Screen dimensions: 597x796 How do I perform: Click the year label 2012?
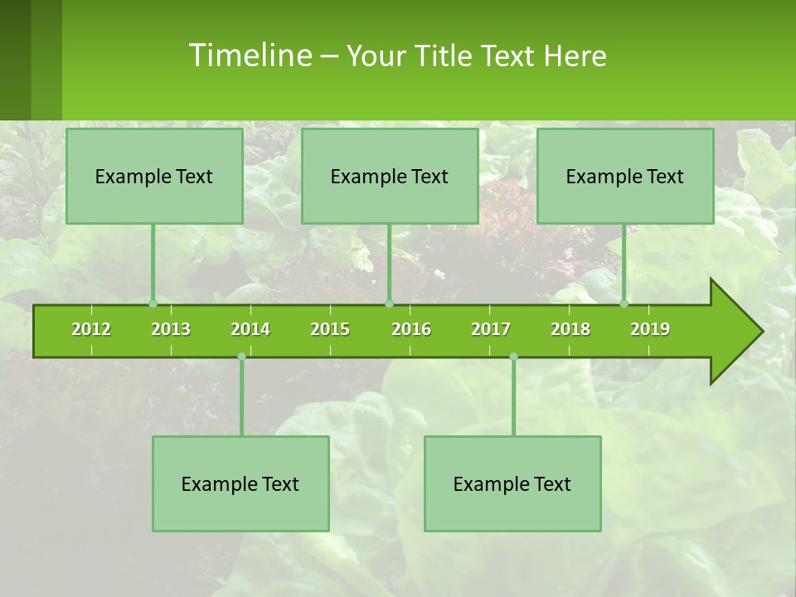pyautogui.click(x=91, y=329)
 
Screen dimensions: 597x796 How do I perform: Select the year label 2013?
pyautogui.click(x=171, y=329)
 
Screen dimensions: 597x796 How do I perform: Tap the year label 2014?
pyautogui.click(x=250, y=329)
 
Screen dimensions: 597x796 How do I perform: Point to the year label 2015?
pyautogui.click(x=330, y=329)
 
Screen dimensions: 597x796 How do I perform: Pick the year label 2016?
pyautogui.click(x=411, y=329)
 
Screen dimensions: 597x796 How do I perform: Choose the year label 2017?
pyautogui.click(x=491, y=329)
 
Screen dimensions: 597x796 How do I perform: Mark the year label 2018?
pyautogui.click(x=570, y=329)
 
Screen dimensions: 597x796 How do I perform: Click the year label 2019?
pyautogui.click(x=650, y=329)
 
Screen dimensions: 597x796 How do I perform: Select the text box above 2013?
pyautogui.click(x=154, y=176)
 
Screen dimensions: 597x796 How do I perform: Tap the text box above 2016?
pyautogui.click(x=390, y=176)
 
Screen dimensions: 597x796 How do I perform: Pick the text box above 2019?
pyautogui.click(x=625, y=176)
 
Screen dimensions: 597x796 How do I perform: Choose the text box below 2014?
pyautogui.click(x=240, y=483)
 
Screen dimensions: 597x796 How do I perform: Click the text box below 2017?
pyautogui.click(x=512, y=483)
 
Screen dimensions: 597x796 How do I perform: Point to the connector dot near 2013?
pyautogui.click(x=153, y=303)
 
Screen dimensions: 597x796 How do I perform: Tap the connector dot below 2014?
pyautogui.click(x=241, y=357)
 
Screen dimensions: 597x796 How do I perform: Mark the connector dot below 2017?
pyautogui.click(x=513, y=357)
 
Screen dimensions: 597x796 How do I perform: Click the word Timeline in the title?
pyautogui.click(x=249, y=56)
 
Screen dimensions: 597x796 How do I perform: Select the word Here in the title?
pyautogui.click(x=575, y=56)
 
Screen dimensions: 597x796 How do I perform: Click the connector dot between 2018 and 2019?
pyautogui.click(x=624, y=303)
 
